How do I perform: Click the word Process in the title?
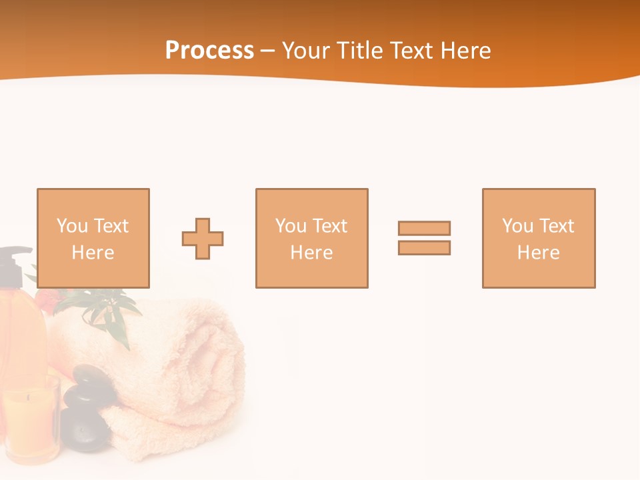pos(209,51)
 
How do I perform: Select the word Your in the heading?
pos(307,51)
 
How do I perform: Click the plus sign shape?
pos(203,239)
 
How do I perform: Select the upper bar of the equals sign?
pos(424,228)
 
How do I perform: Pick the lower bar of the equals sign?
pos(424,247)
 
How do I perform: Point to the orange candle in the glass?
pos(29,420)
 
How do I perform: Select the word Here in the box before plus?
pos(93,253)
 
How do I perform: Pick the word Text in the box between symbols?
pos(330,226)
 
